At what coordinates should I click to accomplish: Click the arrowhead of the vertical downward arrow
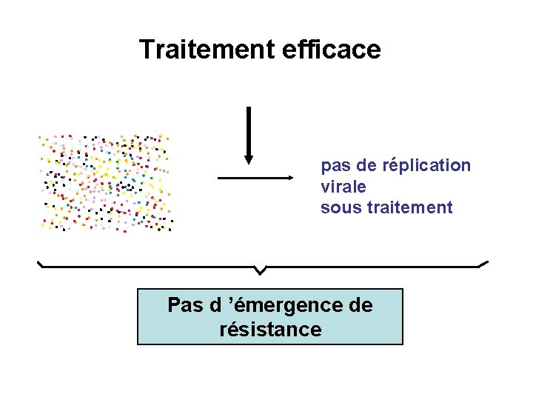click(x=249, y=159)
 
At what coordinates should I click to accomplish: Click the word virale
click(x=343, y=186)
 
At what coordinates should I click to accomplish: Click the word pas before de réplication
click(x=335, y=165)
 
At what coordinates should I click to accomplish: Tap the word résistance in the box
click(x=271, y=329)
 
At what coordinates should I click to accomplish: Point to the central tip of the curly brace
click(x=260, y=271)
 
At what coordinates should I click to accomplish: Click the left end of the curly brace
click(x=39, y=262)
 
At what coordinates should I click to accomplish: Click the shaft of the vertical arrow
click(x=249, y=130)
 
